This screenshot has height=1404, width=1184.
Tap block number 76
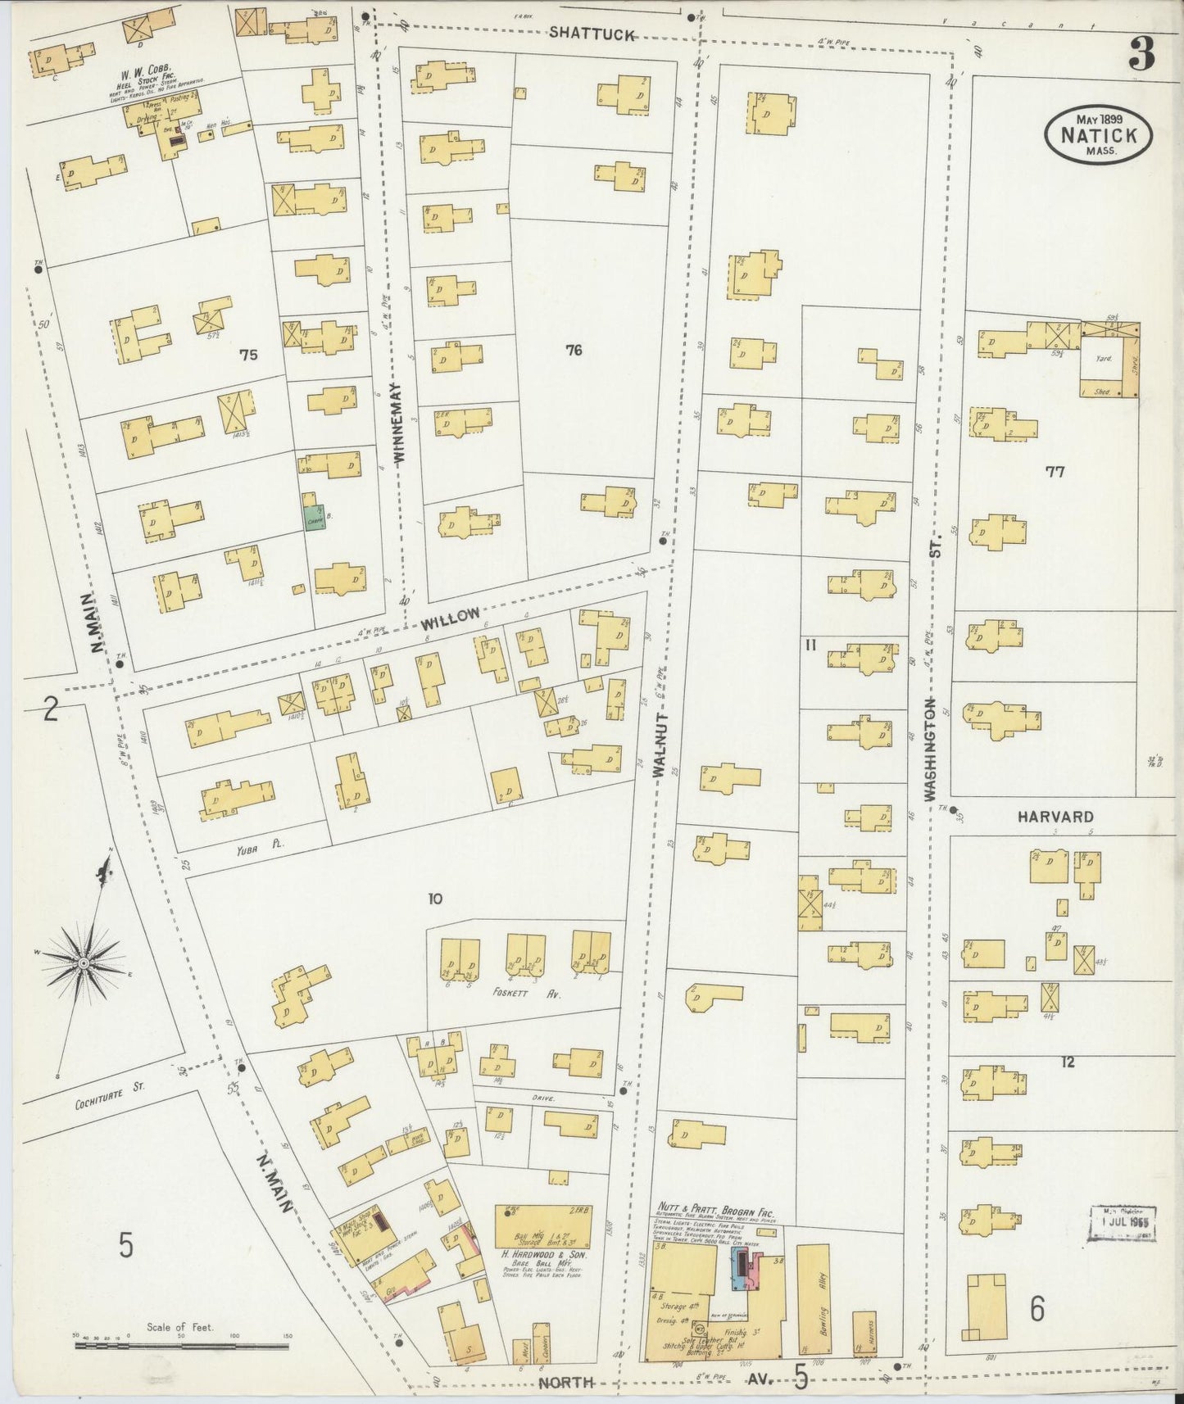tap(573, 351)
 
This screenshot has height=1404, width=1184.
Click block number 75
tap(247, 355)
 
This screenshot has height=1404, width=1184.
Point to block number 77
tap(1055, 471)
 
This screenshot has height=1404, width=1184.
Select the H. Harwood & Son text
tap(543, 1254)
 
